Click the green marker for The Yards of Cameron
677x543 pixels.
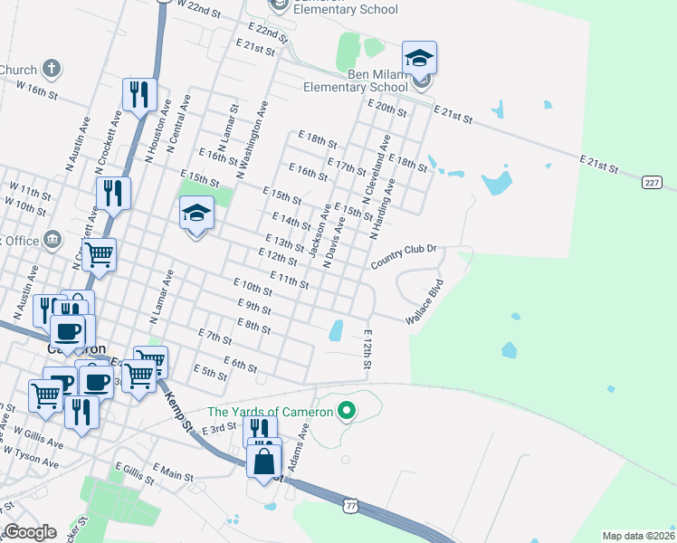click(346, 413)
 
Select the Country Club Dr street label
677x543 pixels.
click(404, 256)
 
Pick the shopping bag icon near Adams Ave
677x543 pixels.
click(263, 462)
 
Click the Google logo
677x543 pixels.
click(30, 532)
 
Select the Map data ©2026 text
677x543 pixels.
click(638, 536)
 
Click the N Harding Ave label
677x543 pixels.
click(382, 209)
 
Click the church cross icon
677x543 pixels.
click(52, 69)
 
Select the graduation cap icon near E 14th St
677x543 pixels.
click(196, 214)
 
